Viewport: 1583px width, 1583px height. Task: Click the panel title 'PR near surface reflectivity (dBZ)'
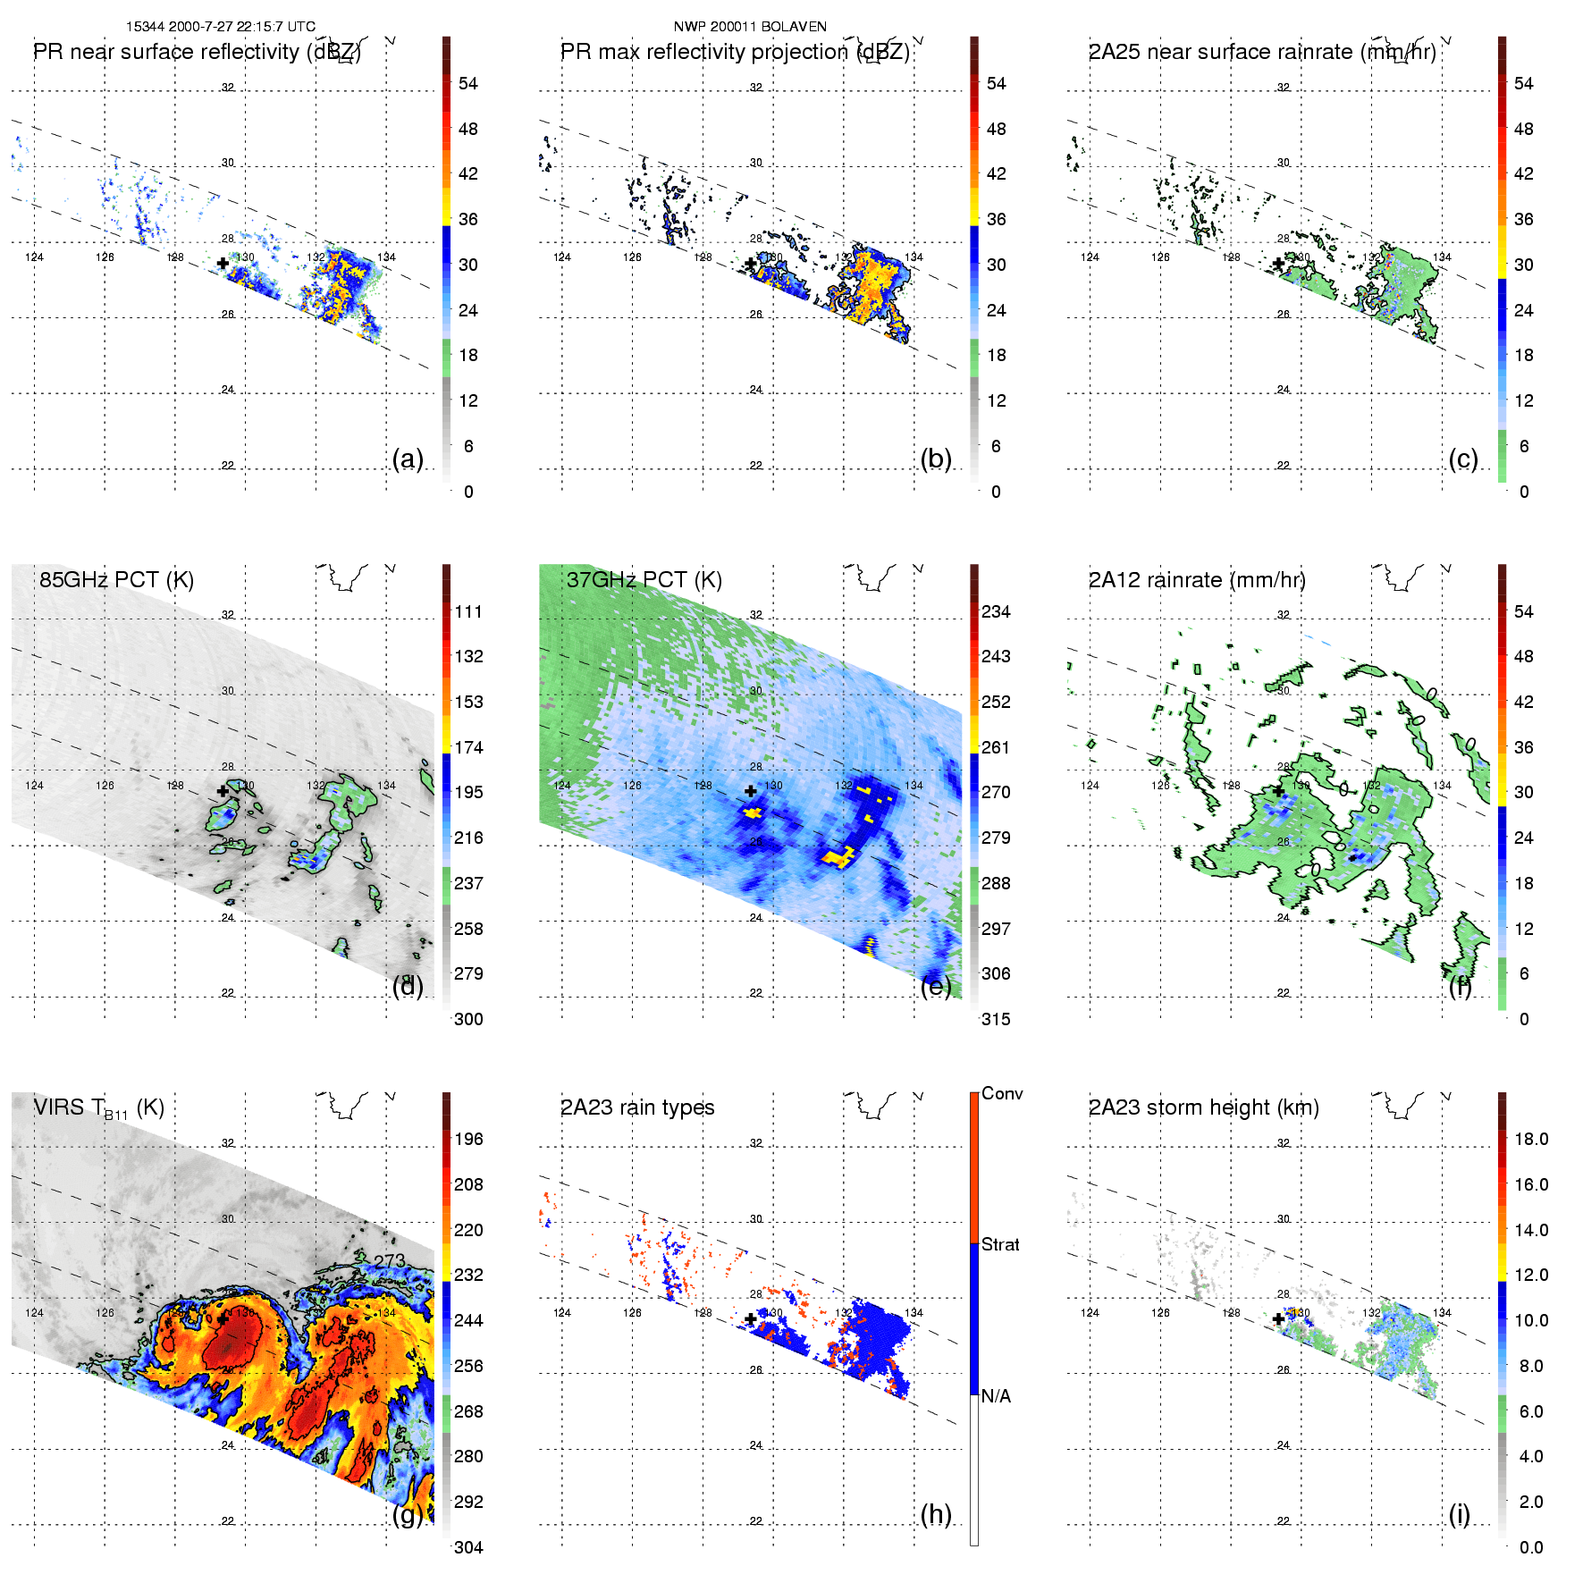coord(197,52)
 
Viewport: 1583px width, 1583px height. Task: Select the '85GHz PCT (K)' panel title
coord(116,579)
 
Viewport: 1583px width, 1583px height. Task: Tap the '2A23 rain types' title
coord(637,1107)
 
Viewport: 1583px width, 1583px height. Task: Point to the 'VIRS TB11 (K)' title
coord(98,1108)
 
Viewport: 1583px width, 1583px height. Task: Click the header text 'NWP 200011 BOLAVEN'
coord(750,27)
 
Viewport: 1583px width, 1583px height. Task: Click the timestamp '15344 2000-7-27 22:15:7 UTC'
coord(221,27)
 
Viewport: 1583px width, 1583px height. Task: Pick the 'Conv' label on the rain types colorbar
coord(1002,1093)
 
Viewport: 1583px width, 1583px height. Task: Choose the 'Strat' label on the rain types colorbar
coord(1000,1244)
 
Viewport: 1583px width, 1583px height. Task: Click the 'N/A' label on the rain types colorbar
coord(997,1396)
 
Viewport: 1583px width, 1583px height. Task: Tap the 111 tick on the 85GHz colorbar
coord(468,611)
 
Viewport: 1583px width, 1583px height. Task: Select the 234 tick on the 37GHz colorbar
coord(996,611)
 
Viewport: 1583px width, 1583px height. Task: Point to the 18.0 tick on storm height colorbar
coord(1531,1139)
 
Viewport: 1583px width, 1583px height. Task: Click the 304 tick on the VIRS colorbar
coord(468,1547)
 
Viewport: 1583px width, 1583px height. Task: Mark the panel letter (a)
coord(408,459)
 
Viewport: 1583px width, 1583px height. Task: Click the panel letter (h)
coord(936,1514)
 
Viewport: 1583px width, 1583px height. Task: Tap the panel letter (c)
coord(1463,459)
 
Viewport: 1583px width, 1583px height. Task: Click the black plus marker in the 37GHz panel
coord(751,791)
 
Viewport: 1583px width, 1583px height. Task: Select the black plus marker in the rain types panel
coord(751,1319)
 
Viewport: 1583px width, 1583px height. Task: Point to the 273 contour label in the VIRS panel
coord(390,1260)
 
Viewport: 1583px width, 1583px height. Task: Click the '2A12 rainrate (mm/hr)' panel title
coord(1197,579)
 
